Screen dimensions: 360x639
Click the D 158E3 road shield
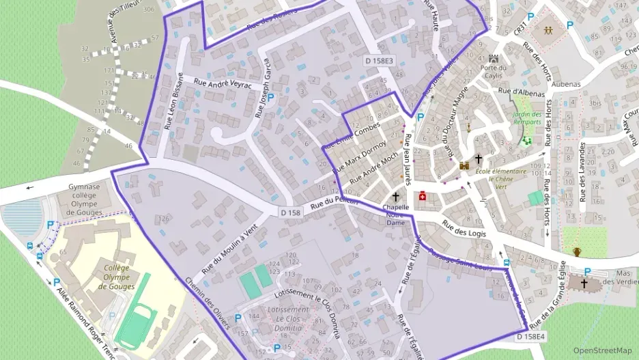[379, 61]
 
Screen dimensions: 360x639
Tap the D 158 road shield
[290, 213]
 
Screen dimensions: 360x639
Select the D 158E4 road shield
[530, 337]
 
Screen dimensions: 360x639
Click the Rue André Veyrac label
[223, 82]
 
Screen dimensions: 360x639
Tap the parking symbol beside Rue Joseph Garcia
[270, 98]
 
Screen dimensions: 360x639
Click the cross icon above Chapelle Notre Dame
[395, 195]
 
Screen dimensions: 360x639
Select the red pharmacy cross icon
[422, 196]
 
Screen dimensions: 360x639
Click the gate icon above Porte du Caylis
[494, 58]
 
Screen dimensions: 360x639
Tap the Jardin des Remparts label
[527, 118]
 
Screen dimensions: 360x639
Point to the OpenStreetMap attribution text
[603, 350]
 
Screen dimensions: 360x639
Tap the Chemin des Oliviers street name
[208, 303]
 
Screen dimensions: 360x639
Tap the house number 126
[162, 219]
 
